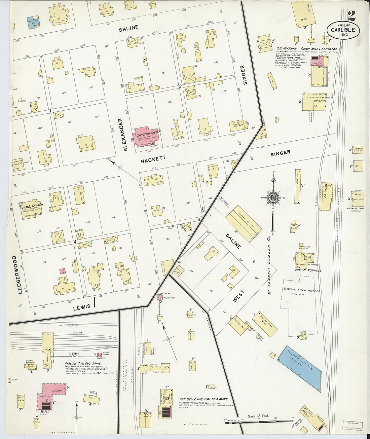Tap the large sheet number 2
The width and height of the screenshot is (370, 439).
click(x=352, y=15)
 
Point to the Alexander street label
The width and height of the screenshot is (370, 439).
click(x=125, y=134)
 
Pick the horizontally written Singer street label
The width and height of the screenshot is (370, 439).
click(x=280, y=153)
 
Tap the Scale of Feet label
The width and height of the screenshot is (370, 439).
click(x=258, y=416)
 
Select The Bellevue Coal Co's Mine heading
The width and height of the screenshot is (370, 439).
click(x=203, y=399)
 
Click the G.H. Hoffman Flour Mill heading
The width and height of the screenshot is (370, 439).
click(x=306, y=49)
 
